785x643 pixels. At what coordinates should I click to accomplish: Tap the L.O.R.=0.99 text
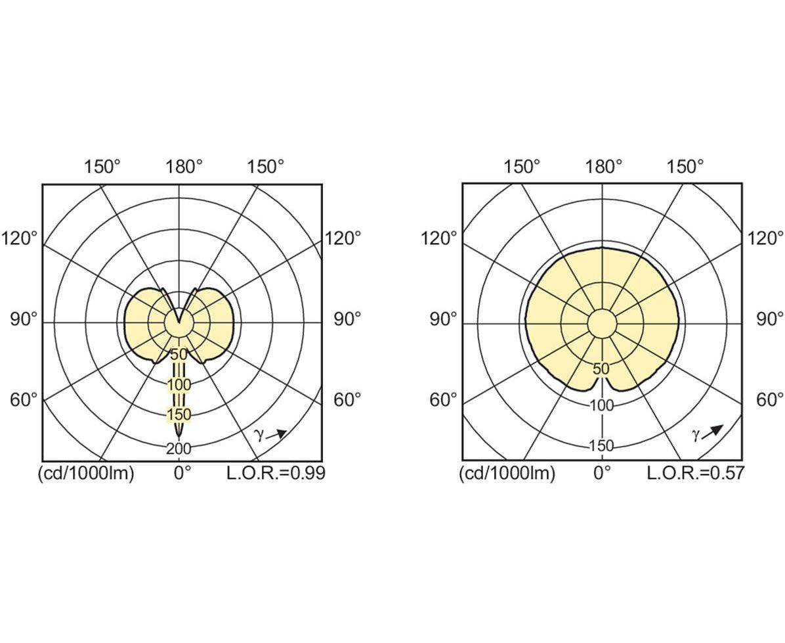[x=276, y=473]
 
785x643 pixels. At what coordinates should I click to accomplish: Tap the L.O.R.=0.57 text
[x=695, y=473]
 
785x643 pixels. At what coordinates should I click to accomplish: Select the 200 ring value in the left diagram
[x=179, y=449]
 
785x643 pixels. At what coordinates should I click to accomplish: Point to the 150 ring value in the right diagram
[x=601, y=446]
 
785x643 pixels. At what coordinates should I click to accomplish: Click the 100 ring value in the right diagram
[x=601, y=405]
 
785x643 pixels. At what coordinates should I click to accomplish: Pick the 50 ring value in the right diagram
[x=601, y=369]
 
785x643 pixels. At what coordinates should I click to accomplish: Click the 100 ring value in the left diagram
[x=179, y=385]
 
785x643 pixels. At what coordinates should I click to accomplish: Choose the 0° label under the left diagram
[x=182, y=473]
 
